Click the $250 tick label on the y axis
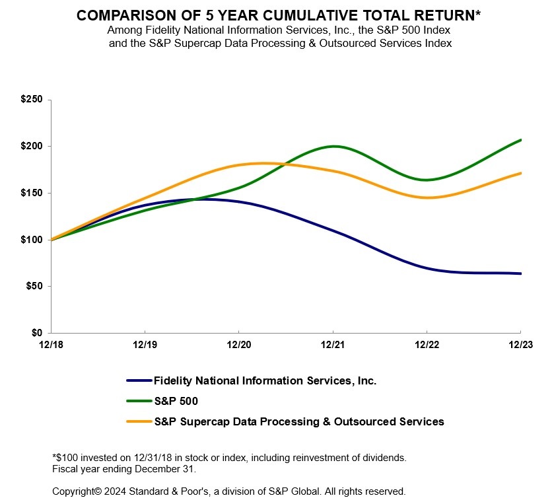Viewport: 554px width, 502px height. (x=31, y=100)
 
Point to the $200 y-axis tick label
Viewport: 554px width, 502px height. (x=31, y=146)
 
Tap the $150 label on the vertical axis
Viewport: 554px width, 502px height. (x=31, y=193)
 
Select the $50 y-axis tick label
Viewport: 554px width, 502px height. (x=34, y=286)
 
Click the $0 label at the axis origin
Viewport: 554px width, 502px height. (x=36, y=333)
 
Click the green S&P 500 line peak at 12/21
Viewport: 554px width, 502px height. (x=333, y=146)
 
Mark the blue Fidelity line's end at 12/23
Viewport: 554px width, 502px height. (x=520, y=273)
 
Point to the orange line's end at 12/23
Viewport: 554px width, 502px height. (x=520, y=173)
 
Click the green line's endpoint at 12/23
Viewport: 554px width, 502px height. (x=520, y=140)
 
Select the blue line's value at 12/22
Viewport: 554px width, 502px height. (x=427, y=268)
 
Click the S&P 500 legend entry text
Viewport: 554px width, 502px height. (x=176, y=401)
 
